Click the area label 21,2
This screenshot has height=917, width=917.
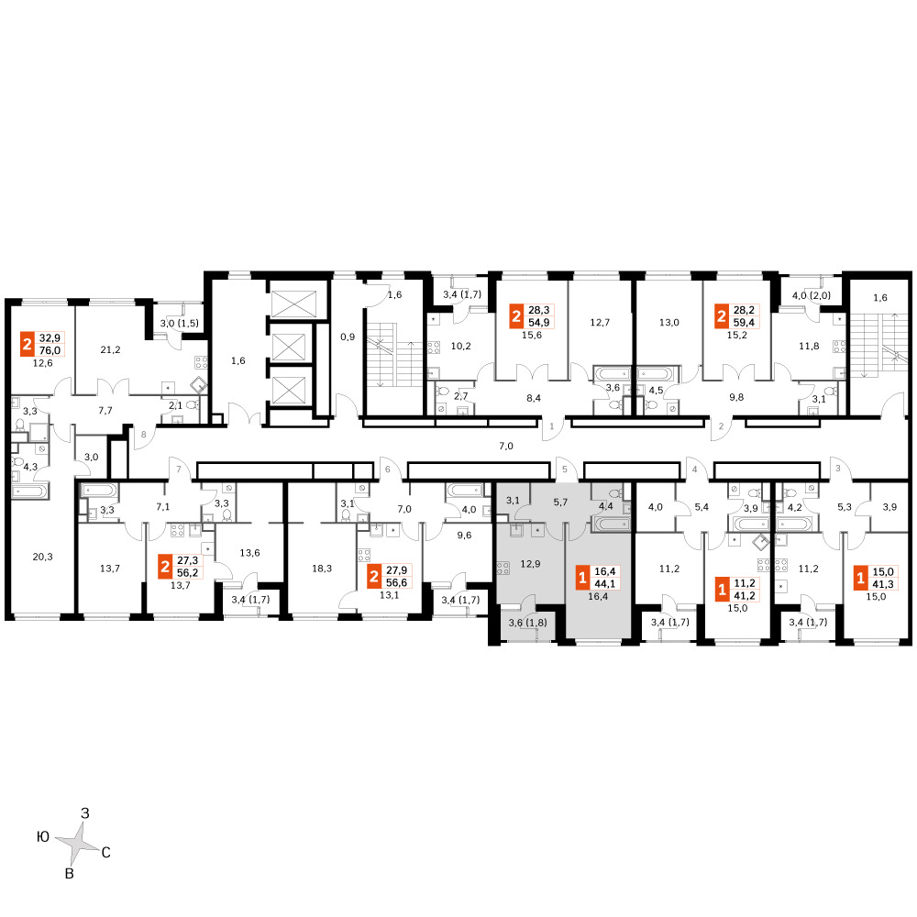point(110,349)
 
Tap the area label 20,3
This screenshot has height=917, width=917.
point(42,557)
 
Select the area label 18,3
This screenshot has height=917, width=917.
point(322,568)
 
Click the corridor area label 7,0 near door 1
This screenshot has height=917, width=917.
point(506,447)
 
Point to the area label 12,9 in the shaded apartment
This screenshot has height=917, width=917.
point(530,564)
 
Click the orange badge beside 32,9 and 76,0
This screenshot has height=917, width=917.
point(27,344)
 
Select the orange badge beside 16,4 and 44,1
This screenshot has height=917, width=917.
point(582,578)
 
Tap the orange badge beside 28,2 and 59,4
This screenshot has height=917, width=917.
point(722,316)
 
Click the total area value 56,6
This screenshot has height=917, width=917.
point(396,582)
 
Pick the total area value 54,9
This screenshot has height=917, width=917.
point(538,322)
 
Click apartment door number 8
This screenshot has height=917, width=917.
point(144,435)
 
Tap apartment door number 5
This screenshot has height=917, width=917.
point(564,469)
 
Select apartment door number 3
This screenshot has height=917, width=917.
point(837,469)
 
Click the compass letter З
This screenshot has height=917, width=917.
point(84,812)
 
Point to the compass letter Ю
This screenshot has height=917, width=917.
point(43,837)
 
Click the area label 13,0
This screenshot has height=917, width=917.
point(669,322)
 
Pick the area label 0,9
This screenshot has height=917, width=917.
point(348,337)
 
